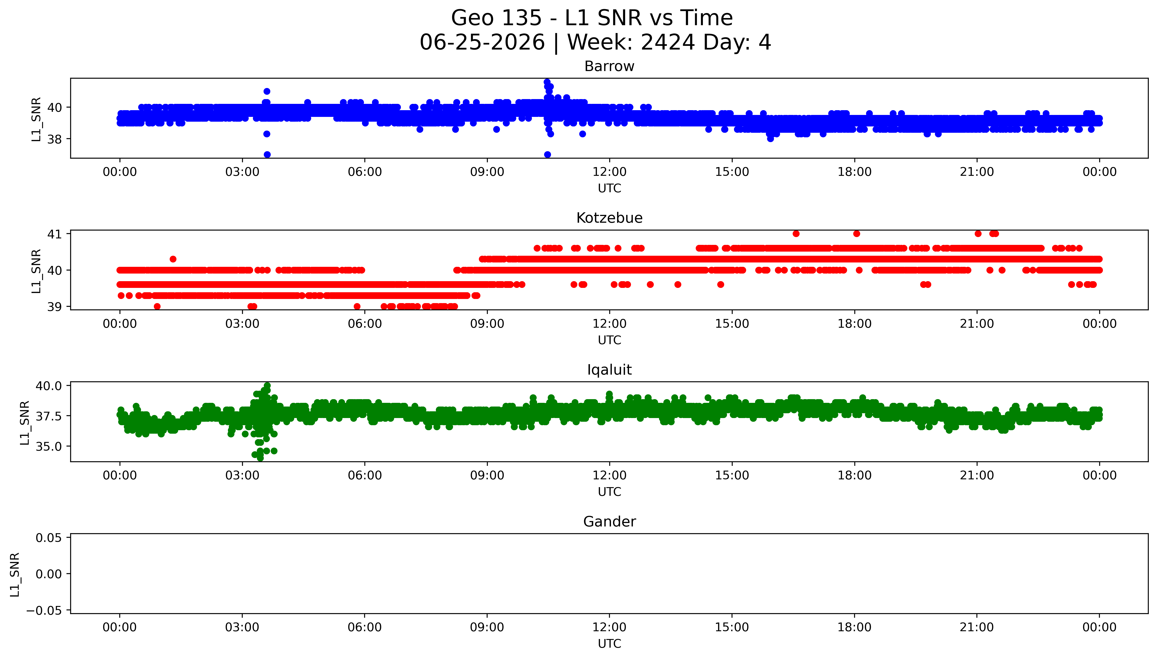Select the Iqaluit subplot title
[x=609, y=370]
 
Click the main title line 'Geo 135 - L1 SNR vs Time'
[x=592, y=18]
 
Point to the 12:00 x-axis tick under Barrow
[x=609, y=172]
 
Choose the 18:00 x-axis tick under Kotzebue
[x=854, y=324]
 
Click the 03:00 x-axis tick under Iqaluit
[x=242, y=475]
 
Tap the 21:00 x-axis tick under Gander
[x=977, y=627]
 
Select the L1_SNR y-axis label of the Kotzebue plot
[x=36, y=271]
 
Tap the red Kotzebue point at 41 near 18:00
[x=856, y=234]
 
